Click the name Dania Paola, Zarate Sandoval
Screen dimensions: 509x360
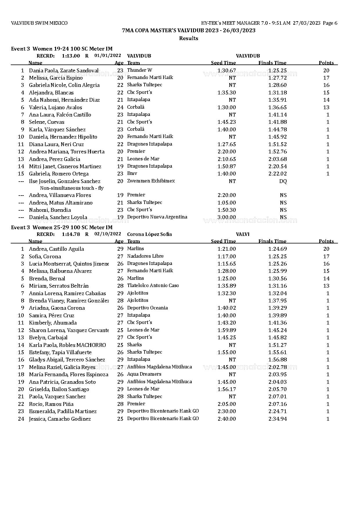tap(64, 71)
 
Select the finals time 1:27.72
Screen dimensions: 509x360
tap(277, 78)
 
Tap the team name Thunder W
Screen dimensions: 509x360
tap(139, 70)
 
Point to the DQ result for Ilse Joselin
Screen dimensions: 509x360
tap(283, 181)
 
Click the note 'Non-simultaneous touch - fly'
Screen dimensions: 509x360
tap(72, 188)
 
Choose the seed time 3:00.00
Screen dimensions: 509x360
tap(226, 217)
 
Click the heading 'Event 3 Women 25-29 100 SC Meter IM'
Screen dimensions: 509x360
tap(62, 227)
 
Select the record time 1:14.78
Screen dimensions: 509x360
tap(71, 234)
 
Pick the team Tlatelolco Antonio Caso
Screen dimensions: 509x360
tap(153, 286)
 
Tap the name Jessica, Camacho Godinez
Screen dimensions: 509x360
tap(60, 419)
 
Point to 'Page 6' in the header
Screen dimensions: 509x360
tap(330, 23)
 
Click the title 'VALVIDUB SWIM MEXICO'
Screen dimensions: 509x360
tap(39, 23)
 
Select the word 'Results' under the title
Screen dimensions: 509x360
tap(188, 38)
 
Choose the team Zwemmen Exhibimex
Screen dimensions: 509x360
tap(151, 181)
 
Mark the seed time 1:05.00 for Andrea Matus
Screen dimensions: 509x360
tap(226, 203)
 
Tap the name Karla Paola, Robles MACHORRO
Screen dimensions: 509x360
tap(67, 345)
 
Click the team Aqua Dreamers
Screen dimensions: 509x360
tap(144, 374)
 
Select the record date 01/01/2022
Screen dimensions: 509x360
tap(108, 55)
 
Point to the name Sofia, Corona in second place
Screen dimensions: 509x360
tap(45, 257)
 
